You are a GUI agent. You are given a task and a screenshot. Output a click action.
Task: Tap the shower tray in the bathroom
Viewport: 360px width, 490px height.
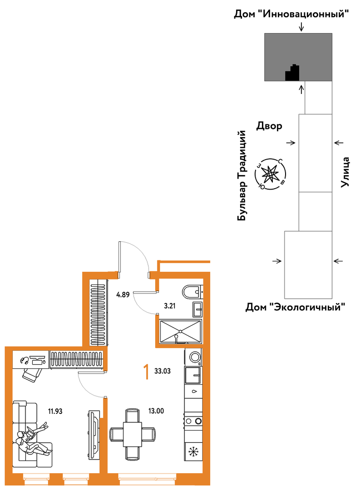tap(180, 331)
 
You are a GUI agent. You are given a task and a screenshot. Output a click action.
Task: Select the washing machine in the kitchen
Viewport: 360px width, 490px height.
tap(193, 357)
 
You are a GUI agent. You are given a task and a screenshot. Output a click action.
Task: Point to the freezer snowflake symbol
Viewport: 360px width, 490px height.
tap(193, 451)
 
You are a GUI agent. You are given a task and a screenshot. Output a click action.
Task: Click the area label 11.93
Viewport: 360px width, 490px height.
tap(55, 411)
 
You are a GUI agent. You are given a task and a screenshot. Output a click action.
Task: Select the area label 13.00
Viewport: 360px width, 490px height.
tap(156, 411)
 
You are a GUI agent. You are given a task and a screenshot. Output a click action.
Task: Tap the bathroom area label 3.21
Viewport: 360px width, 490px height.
tap(170, 306)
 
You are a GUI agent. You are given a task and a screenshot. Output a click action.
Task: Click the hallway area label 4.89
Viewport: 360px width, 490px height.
tap(123, 294)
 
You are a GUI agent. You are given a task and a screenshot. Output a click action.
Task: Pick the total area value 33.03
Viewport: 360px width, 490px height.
tap(163, 371)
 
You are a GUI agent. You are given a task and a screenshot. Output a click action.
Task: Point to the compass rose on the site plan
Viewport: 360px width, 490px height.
tap(271, 174)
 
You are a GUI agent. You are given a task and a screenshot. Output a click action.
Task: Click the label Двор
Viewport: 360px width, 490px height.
tap(269, 126)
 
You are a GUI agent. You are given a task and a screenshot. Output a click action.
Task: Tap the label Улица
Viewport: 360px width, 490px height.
tap(345, 172)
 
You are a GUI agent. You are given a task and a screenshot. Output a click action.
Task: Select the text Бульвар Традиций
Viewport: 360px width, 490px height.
tap(242, 176)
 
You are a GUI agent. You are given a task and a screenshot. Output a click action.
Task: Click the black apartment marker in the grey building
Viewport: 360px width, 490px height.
tap(292, 73)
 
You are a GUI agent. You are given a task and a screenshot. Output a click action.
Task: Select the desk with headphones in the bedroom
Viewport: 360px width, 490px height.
tap(31, 360)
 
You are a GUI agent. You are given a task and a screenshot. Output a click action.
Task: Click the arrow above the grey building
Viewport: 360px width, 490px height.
tap(301, 27)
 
